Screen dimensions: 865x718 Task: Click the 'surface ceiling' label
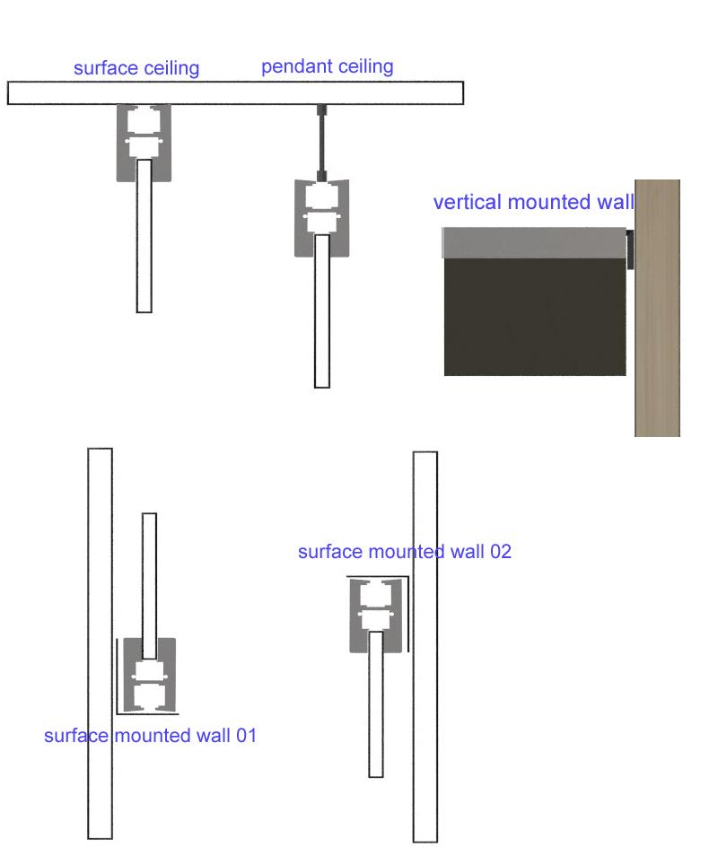(x=136, y=68)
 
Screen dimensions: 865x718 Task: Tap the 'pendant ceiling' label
(x=327, y=66)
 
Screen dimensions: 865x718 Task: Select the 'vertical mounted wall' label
(x=533, y=202)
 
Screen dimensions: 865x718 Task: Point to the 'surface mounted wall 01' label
(x=150, y=736)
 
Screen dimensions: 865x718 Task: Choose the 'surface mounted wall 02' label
(x=404, y=551)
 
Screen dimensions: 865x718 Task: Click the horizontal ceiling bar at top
(x=235, y=93)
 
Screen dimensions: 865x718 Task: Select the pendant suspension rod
(x=322, y=144)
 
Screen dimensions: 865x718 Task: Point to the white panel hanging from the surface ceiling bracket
(x=144, y=242)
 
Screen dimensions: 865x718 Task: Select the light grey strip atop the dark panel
(x=534, y=242)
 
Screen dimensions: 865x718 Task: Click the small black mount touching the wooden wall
(x=630, y=249)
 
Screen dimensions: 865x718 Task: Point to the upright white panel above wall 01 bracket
(x=149, y=574)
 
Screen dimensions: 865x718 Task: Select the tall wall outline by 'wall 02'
(x=425, y=718)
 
